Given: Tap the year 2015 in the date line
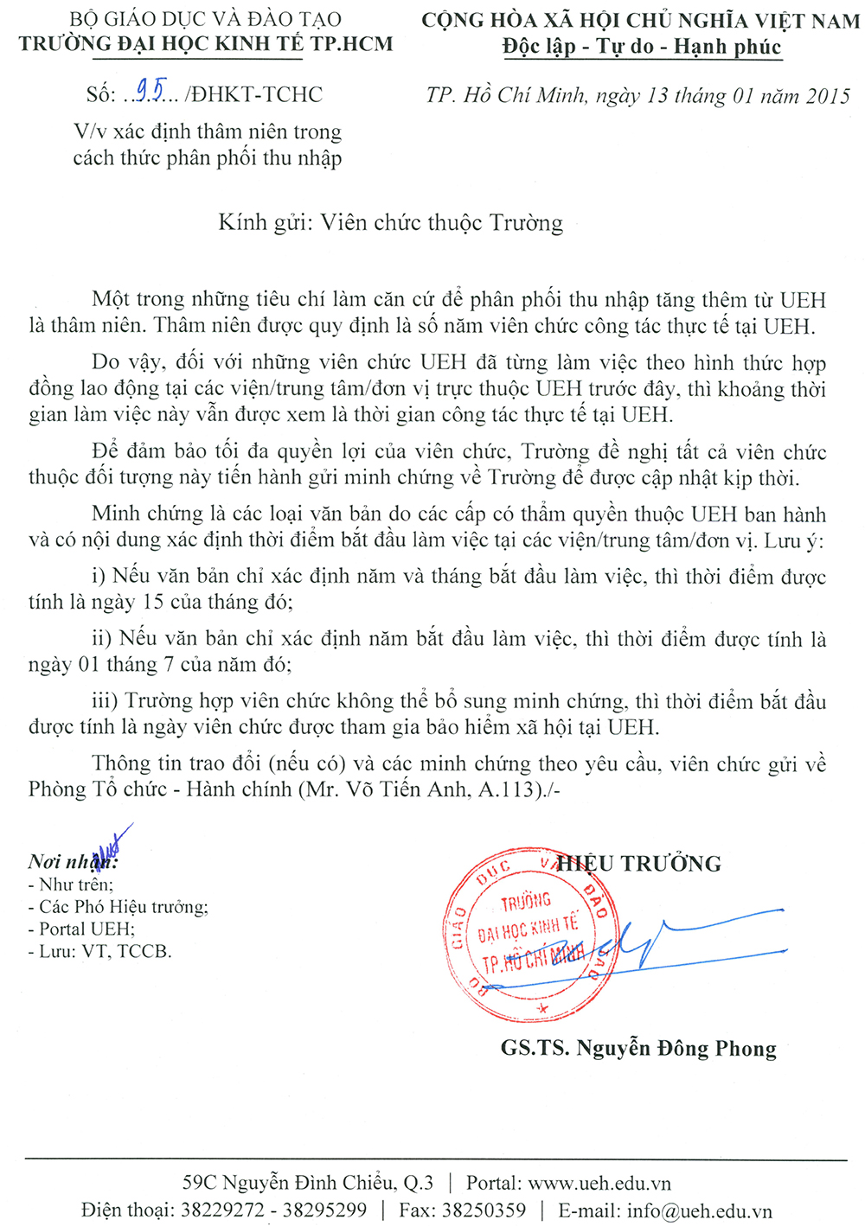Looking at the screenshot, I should [x=828, y=96].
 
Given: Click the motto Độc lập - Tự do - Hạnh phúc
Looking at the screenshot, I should [x=641, y=47].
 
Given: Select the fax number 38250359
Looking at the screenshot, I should [x=484, y=1210].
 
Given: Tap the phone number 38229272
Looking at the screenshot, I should [x=222, y=1210].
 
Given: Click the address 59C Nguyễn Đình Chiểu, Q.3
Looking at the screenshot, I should [x=308, y=1183].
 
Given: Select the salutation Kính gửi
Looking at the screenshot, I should [x=265, y=223].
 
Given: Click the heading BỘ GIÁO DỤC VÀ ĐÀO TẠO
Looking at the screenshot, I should [x=205, y=19].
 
